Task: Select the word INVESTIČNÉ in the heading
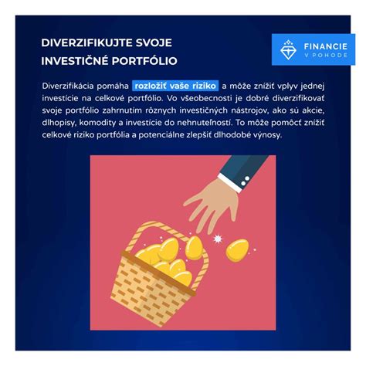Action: coord(75,60)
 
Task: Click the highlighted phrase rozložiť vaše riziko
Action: coord(175,86)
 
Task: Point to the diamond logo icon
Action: coord(288,49)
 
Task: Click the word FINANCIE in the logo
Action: coord(326,46)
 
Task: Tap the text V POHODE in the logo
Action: coord(326,56)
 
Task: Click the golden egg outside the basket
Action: coord(237,250)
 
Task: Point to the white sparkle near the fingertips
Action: coord(218,239)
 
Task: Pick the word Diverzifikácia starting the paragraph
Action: coord(68,86)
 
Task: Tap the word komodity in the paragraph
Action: coord(97,123)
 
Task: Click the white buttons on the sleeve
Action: coord(245,181)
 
